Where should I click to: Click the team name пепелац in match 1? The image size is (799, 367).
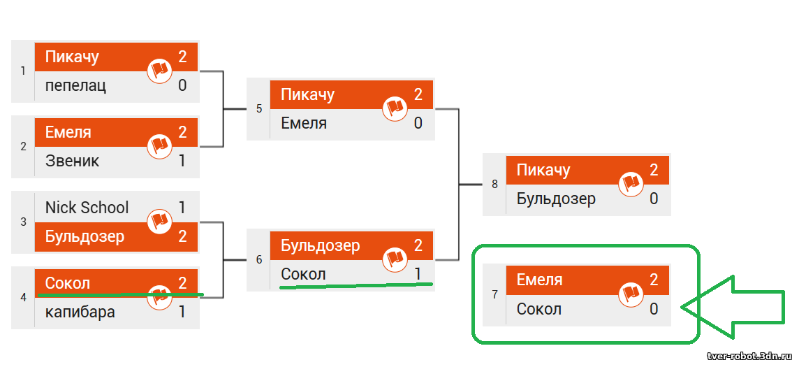tap(76, 85)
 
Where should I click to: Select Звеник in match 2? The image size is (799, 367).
tap(73, 161)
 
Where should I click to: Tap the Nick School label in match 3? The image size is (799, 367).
tap(87, 208)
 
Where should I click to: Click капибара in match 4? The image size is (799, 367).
tap(80, 312)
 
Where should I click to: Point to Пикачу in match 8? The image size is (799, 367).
tap(543, 171)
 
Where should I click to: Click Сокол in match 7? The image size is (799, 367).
tap(539, 309)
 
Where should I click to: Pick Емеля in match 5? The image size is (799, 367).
tap(304, 123)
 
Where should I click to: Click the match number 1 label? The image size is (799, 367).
tap(23, 71)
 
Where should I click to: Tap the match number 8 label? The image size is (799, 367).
tap(494, 185)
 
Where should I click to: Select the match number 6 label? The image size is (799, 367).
tap(259, 260)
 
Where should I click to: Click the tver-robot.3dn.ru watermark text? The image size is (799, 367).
tap(750, 355)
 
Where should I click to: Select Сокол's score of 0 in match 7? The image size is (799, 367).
tap(654, 309)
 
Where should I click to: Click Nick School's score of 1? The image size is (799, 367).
tap(182, 208)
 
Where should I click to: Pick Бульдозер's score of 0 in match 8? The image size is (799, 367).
tap(654, 199)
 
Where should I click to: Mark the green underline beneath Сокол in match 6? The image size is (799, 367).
tap(356, 285)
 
